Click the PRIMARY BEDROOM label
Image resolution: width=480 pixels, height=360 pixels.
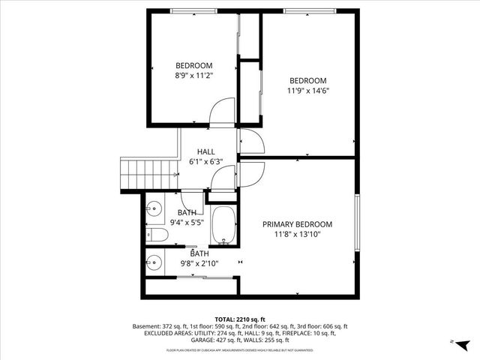pyautogui.click(x=297, y=224)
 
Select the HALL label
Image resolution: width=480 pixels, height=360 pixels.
pyautogui.click(x=205, y=151)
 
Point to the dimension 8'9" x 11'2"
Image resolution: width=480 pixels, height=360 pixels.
pyautogui.click(x=194, y=76)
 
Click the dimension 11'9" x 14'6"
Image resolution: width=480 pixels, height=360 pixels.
pyautogui.click(x=308, y=91)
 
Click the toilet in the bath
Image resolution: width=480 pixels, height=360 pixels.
pyautogui.click(x=156, y=235)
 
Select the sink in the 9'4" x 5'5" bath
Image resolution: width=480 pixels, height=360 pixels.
pyautogui.click(x=154, y=210)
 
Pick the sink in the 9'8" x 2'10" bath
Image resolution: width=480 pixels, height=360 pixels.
pyautogui.click(x=154, y=262)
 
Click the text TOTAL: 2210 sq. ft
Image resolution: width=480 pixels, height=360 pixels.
pyautogui.click(x=240, y=319)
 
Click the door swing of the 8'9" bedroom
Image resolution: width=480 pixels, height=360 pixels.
pyautogui.click(x=221, y=112)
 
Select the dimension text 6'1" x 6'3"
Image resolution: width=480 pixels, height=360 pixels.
pyautogui.click(x=205, y=161)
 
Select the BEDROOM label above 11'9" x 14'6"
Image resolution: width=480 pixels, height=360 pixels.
pyautogui.click(x=308, y=81)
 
